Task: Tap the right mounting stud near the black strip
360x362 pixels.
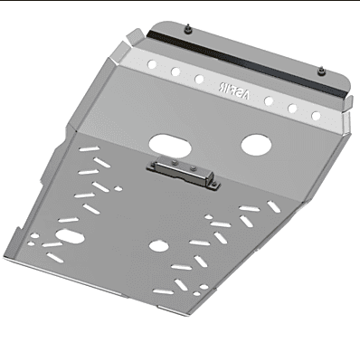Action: tap(325, 69)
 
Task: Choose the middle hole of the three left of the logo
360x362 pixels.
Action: tap(176, 71)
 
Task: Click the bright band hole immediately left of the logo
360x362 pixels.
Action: tap(199, 80)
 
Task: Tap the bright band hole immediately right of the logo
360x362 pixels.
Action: tap(269, 100)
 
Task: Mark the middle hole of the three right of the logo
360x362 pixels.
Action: tap(291, 108)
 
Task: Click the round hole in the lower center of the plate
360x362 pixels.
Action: tap(158, 245)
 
